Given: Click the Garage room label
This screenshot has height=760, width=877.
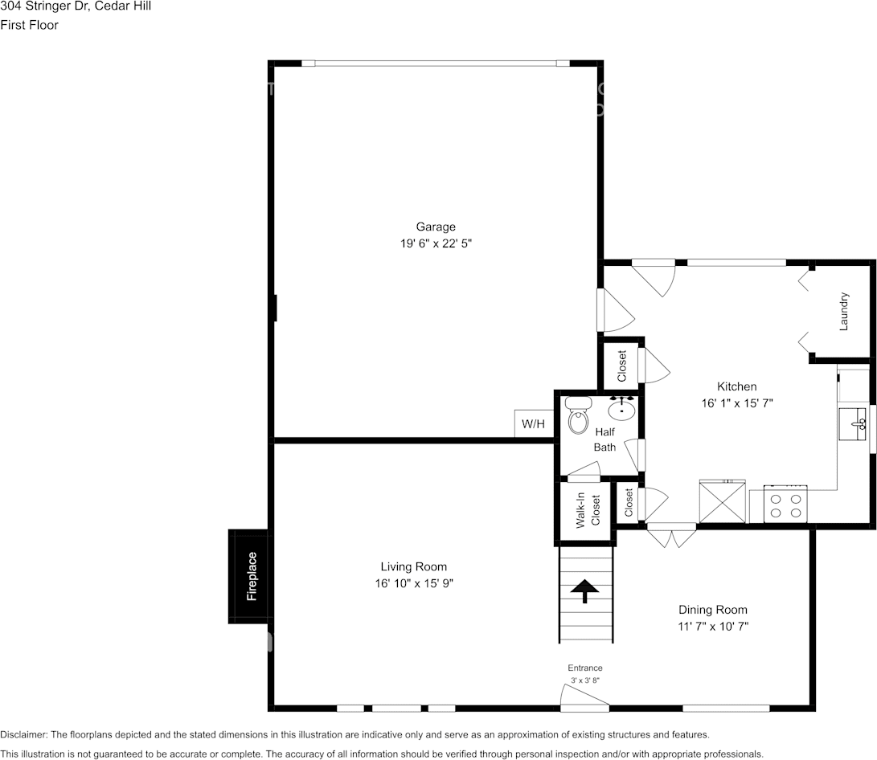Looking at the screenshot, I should [436, 227].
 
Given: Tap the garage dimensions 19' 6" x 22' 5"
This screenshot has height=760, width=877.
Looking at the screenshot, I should [436, 243].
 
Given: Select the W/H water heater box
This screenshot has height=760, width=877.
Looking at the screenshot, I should [533, 423].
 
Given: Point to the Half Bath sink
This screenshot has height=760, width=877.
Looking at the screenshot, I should [622, 410].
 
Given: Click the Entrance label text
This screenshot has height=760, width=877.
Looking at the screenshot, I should [585, 668].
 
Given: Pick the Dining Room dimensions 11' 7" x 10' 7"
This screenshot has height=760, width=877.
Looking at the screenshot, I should [713, 626].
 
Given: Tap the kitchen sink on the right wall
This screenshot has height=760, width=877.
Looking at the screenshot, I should [851, 423].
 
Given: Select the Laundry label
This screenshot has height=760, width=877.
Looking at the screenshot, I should [844, 312].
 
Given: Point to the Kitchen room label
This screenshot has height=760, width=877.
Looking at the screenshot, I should [737, 386].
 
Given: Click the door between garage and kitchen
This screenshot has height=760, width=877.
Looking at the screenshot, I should [609, 309].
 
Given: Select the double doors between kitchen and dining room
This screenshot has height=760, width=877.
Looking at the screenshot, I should [672, 534].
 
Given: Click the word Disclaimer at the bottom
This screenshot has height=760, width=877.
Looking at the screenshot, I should [24, 734].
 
